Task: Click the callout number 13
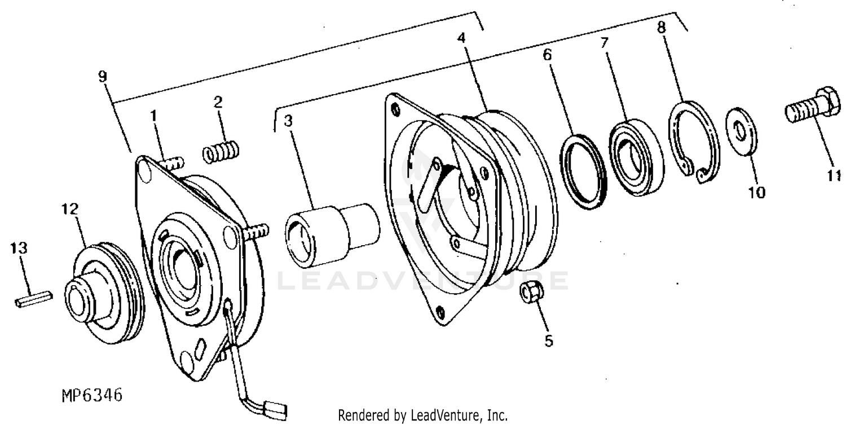[x=20, y=248]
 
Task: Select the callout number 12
[x=70, y=210]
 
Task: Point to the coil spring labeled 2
[x=220, y=152]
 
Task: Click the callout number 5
[x=548, y=341]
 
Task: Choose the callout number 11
[x=834, y=176]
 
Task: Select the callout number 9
[x=103, y=76]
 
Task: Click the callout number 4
[x=461, y=39]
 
